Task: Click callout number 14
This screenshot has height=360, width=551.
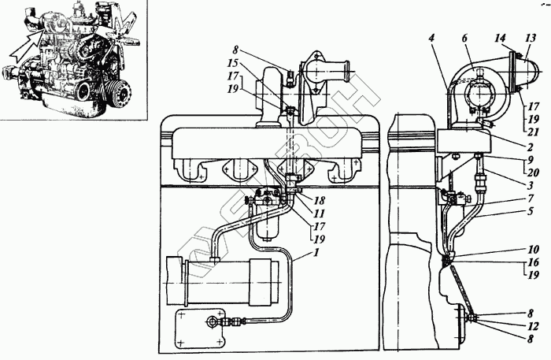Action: [x=501, y=38]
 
